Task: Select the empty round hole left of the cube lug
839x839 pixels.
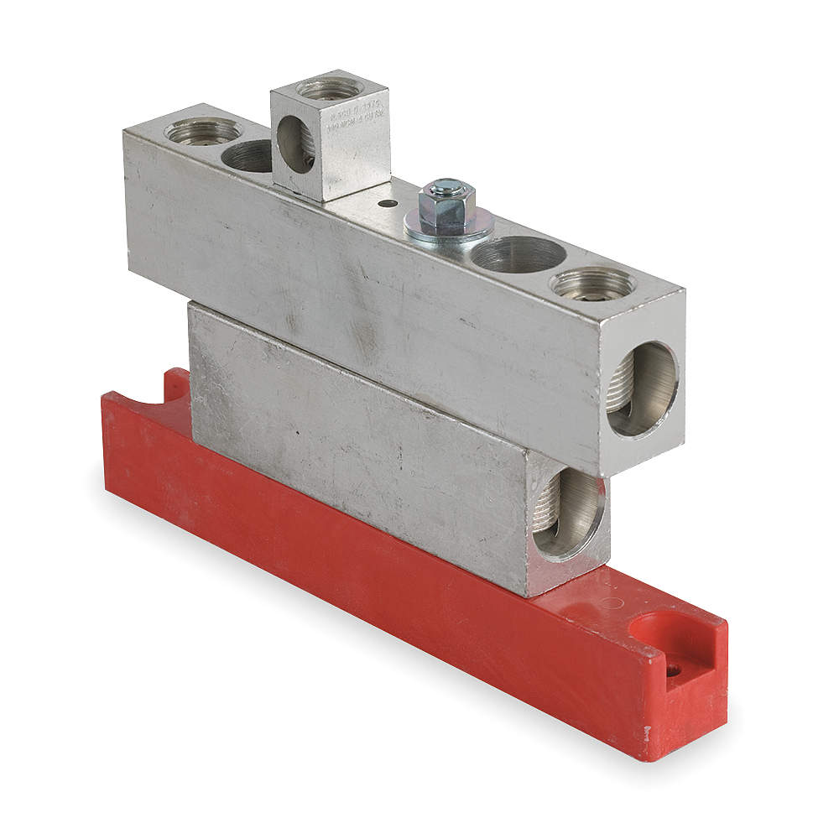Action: click(x=249, y=155)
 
